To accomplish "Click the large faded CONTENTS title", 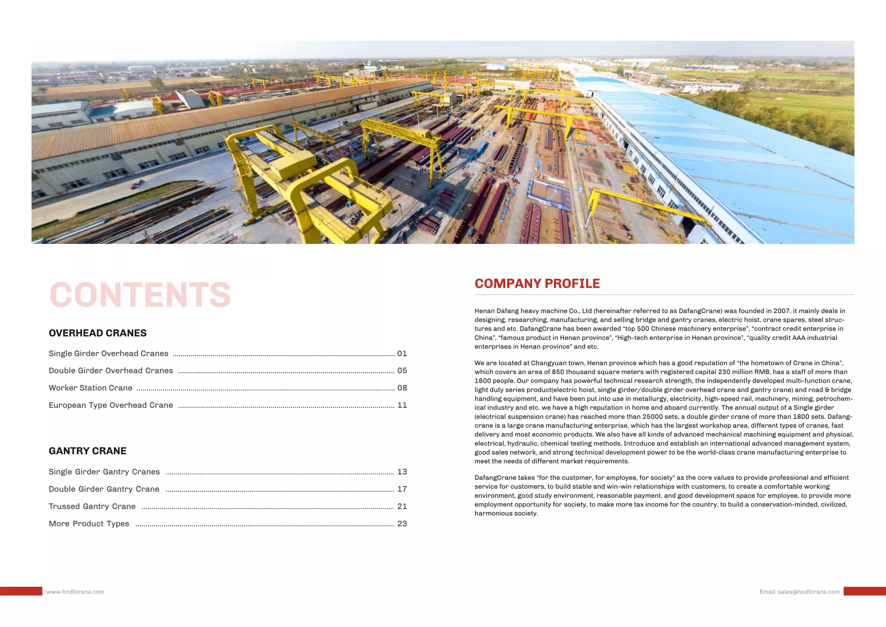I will click(x=140, y=295).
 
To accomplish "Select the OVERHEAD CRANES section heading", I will click(x=98, y=333).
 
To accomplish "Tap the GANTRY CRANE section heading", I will click(x=87, y=451).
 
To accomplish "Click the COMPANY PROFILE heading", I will click(x=537, y=284).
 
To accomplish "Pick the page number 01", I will click(x=402, y=353).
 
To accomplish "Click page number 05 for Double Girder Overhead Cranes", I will click(x=402, y=371).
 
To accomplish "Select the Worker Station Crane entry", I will click(x=90, y=388).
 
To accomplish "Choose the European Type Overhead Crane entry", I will click(x=111, y=405).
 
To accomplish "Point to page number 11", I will click(x=402, y=405).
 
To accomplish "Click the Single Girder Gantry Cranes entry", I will click(x=104, y=472).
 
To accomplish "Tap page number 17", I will click(x=402, y=489).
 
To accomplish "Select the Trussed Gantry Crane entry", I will click(x=92, y=506).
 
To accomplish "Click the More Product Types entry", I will click(x=89, y=524).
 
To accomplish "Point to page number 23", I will click(x=402, y=524).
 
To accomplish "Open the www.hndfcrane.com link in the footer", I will click(x=75, y=592).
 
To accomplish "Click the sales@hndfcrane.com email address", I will click(x=808, y=592).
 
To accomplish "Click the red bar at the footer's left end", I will click(x=21, y=591).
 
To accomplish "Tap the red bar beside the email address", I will click(x=864, y=591).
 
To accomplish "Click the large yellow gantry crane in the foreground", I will click(x=303, y=182).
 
